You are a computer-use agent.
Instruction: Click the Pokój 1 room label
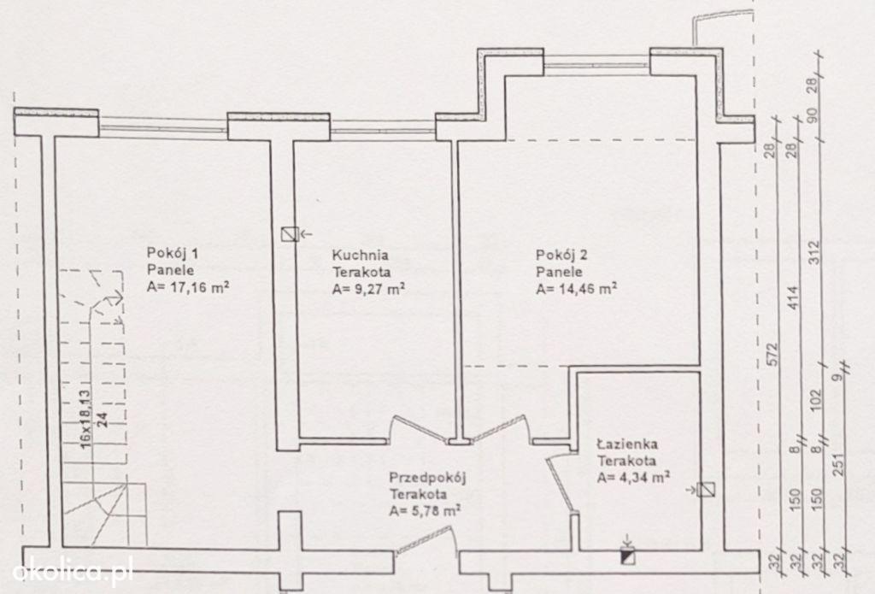pyautogui.click(x=173, y=253)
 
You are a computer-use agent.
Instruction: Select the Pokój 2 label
pyautogui.click(x=561, y=256)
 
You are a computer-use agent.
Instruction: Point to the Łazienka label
pyautogui.click(x=627, y=444)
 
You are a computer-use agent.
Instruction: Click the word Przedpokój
pyautogui.click(x=427, y=478)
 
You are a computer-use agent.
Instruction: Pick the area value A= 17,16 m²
pyautogui.click(x=188, y=287)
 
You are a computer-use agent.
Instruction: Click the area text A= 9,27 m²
pyautogui.click(x=369, y=289)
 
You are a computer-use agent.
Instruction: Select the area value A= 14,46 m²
pyautogui.click(x=577, y=289)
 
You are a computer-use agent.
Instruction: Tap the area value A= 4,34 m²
pyautogui.click(x=633, y=478)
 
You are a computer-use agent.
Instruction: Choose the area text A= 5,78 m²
pyautogui.click(x=426, y=511)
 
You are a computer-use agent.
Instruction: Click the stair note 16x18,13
pyautogui.click(x=85, y=418)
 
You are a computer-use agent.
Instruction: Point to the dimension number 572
pyautogui.click(x=772, y=355)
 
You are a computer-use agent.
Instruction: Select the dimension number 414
pyautogui.click(x=795, y=297)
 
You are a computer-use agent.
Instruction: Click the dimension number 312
pyautogui.click(x=816, y=252)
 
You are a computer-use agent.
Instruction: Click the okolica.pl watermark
pyautogui.click(x=73, y=572)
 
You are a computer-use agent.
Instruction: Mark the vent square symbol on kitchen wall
pyautogui.click(x=289, y=234)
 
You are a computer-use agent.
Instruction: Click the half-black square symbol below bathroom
pyautogui.click(x=628, y=556)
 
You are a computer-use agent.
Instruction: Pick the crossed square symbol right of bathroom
pyautogui.click(x=707, y=490)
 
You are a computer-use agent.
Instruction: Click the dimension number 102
pyautogui.click(x=816, y=400)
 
